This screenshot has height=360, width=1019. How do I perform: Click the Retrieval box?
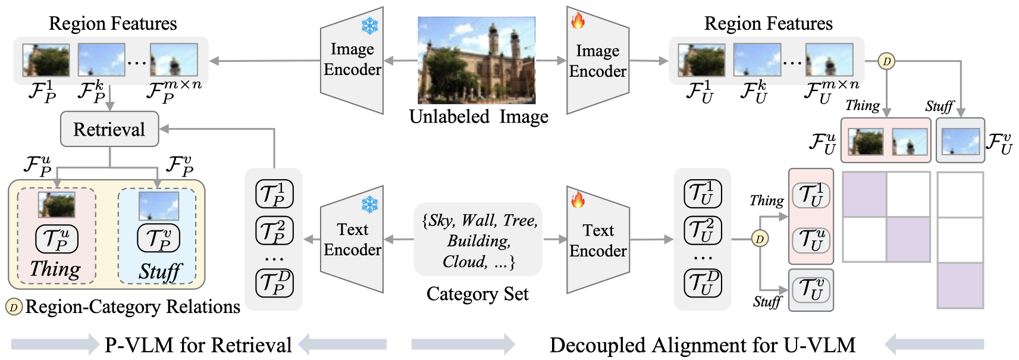click(x=109, y=129)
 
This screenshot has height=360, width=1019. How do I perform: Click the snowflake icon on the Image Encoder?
click(x=370, y=26)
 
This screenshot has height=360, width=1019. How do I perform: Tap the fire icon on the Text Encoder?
click(x=578, y=199)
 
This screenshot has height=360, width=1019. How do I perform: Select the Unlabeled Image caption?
click(x=478, y=117)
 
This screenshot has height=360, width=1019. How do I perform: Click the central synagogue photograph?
click(x=476, y=60)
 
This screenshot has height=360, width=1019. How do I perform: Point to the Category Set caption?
click(x=477, y=294)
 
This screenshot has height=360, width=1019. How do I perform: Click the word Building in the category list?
click(x=479, y=241)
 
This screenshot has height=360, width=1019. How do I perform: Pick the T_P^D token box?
click(x=274, y=283)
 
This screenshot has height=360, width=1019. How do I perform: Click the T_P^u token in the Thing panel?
click(x=57, y=239)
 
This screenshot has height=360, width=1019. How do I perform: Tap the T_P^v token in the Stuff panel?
click(x=158, y=239)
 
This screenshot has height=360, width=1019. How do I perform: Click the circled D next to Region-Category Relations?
click(x=14, y=307)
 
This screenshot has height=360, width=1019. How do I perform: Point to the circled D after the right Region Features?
click(x=886, y=61)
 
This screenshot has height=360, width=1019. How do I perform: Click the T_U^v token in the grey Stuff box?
click(x=811, y=290)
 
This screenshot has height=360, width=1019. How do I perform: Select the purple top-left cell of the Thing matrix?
click(x=864, y=195)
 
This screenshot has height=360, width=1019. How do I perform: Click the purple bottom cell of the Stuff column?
click(x=960, y=286)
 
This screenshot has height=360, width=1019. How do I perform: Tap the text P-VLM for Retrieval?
click(x=198, y=345)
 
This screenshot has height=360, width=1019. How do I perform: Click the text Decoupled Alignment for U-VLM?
click(x=702, y=345)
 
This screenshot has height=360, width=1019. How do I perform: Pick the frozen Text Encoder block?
click(x=352, y=239)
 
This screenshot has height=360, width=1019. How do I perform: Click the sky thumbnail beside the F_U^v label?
click(x=960, y=142)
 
